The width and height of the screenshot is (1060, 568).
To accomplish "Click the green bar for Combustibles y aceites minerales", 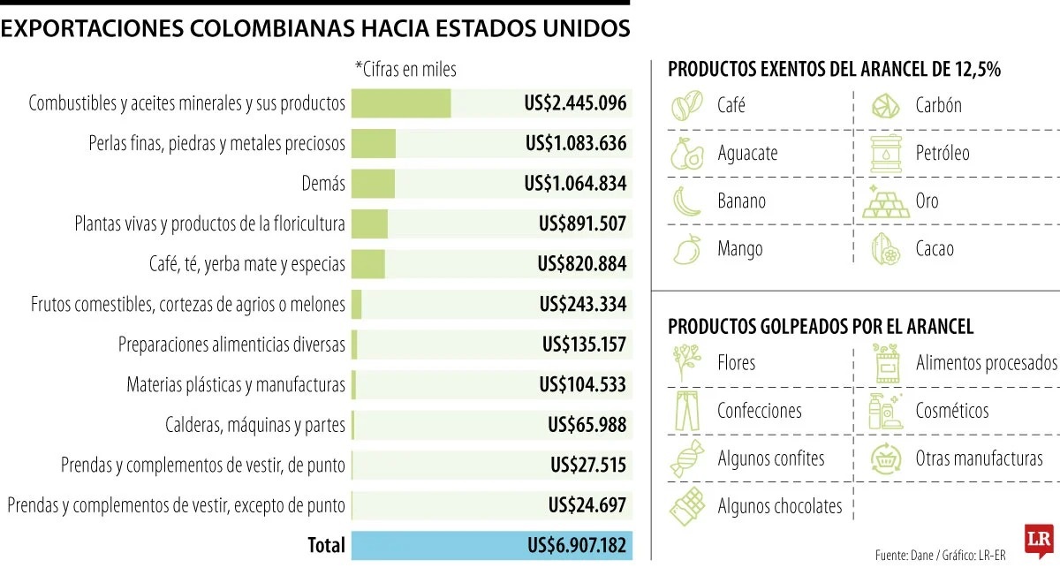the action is coord(401,103).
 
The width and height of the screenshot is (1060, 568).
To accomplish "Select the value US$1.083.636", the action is coord(576,143).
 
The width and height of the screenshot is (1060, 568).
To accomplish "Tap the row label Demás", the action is coord(323,183).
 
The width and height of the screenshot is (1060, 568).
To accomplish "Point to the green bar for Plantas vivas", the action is coord(369,223).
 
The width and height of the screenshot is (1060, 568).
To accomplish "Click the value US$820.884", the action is coord(582,264).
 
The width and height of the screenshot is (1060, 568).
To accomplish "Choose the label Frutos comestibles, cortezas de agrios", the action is coord(188,305).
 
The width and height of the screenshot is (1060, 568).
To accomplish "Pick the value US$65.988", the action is coord(587,425).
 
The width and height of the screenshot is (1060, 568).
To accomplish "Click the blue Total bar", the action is coord(492,546).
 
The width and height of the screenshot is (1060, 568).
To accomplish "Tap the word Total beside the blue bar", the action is coord(326,545).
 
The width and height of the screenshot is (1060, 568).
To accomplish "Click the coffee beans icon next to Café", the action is coord(687,105).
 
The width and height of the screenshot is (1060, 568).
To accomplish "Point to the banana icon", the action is coord(686,201).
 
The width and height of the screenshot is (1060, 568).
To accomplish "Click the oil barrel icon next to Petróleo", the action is coord(886,154).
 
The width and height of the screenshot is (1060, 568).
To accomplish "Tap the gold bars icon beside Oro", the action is coord(886,201).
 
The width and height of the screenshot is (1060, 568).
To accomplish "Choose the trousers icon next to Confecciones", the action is coord(687,411).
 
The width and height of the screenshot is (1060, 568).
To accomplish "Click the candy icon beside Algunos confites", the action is coord(687,458).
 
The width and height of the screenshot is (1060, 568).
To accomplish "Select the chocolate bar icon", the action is coord(687,506).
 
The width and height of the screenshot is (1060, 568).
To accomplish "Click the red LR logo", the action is coord(1039,541).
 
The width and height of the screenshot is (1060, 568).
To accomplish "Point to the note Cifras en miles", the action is coord(405,70).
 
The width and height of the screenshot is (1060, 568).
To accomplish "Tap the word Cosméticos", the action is coord(952,411).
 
